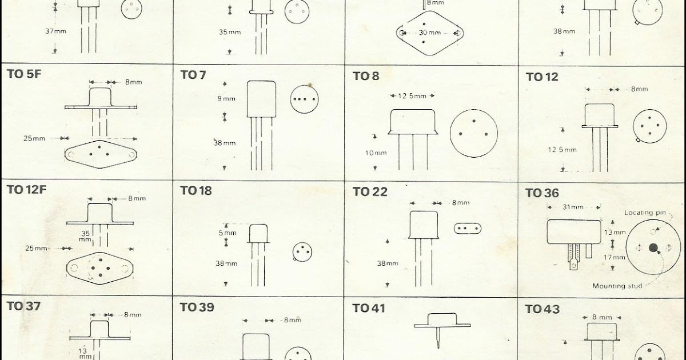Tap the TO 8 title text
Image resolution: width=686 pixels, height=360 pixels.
pyautogui.click(x=366, y=75)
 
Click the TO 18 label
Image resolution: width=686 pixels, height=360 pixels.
pyautogui.click(x=196, y=190)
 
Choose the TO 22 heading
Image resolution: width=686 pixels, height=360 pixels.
pyautogui.click(x=370, y=192)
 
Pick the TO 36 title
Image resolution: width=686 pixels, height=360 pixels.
pyautogui.click(x=542, y=193)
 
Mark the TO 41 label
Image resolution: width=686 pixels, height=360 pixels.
pyautogui.click(x=369, y=308)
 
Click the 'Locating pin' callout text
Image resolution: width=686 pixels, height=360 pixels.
pyautogui.click(x=645, y=213)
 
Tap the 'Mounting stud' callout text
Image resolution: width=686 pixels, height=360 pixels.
pyautogui.click(x=617, y=286)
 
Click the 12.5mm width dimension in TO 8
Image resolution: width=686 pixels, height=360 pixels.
pyautogui.click(x=412, y=95)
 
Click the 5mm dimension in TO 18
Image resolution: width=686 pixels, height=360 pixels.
pyautogui.click(x=227, y=233)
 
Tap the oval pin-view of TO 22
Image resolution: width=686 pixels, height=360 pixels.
pyautogui.click(x=467, y=228)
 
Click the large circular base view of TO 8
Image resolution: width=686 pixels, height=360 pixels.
pyautogui.click(x=473, y=134)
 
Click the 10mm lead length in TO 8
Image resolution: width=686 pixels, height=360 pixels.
pyautogui.click(x=376, y=153)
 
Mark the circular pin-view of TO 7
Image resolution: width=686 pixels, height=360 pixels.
pyautogui.click(x=302, y=98)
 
